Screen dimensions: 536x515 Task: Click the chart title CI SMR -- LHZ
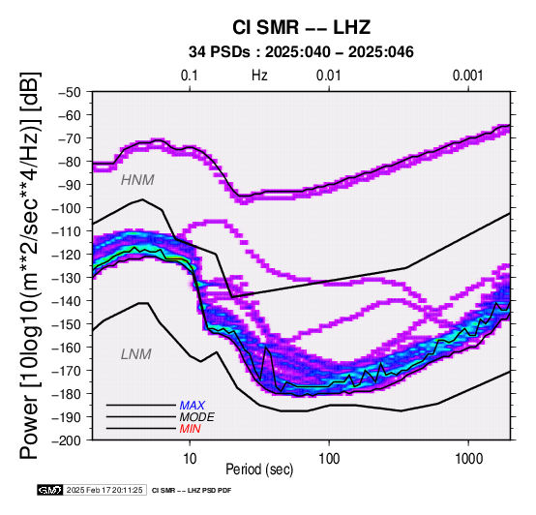(301, 27)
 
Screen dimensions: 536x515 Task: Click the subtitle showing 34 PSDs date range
(301, 52)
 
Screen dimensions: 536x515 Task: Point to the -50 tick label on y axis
(69, 92)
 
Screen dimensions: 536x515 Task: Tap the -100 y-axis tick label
(66, 208)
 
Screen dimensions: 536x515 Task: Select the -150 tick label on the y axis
(66, 324)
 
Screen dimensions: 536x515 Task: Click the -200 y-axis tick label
(66, 440)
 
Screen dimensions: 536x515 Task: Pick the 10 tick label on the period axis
(190, 458)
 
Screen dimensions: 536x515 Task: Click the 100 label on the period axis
(329, 458)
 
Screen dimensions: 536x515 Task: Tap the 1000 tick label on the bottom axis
(468, 458)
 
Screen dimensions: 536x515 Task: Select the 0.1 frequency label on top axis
(190, 76)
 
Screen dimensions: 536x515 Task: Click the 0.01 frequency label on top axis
(329, 76)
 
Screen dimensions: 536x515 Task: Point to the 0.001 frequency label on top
(467, 76)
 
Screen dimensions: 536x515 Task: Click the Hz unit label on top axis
(259, 76)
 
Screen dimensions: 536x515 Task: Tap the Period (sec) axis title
(259, 470)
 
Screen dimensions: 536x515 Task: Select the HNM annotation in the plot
(137, 180)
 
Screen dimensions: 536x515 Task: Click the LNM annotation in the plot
(136, 354)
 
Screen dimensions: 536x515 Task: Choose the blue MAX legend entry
(192, 406)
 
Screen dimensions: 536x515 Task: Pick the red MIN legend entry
(190, 429)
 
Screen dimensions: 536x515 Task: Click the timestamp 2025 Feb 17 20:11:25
(104, 490)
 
